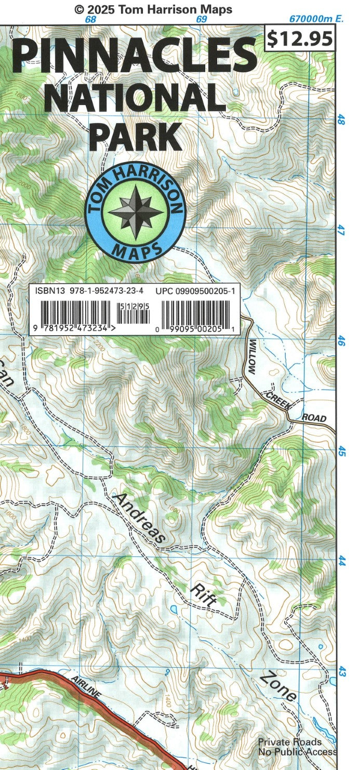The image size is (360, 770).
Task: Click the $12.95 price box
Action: [299, 38]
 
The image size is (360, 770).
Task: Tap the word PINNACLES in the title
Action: [134, 56]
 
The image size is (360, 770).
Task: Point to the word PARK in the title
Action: [136, 136]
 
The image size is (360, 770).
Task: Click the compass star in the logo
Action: [135, 212]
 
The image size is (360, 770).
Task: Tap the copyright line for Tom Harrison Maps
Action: [153, 9]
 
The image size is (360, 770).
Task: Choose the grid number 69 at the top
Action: [202, 20]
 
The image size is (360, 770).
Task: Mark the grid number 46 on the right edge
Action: [341, 341]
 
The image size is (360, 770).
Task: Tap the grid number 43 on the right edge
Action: [341, 672]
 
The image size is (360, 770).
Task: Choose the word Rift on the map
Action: [203, 594]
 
